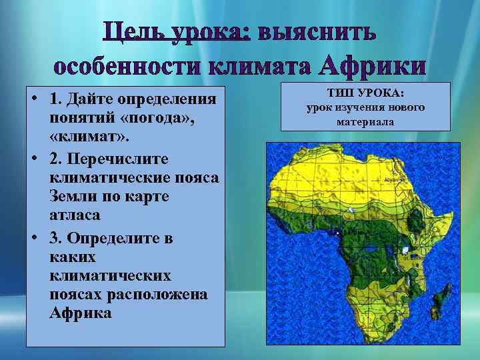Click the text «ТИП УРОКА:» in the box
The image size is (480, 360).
[x=365, y=94]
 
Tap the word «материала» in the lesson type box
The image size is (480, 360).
[x=365, y=121]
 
